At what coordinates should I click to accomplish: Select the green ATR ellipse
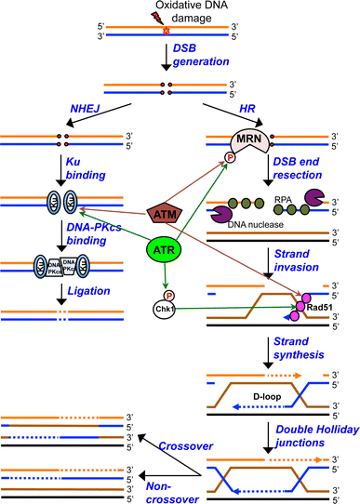click(x=164, y=248)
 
